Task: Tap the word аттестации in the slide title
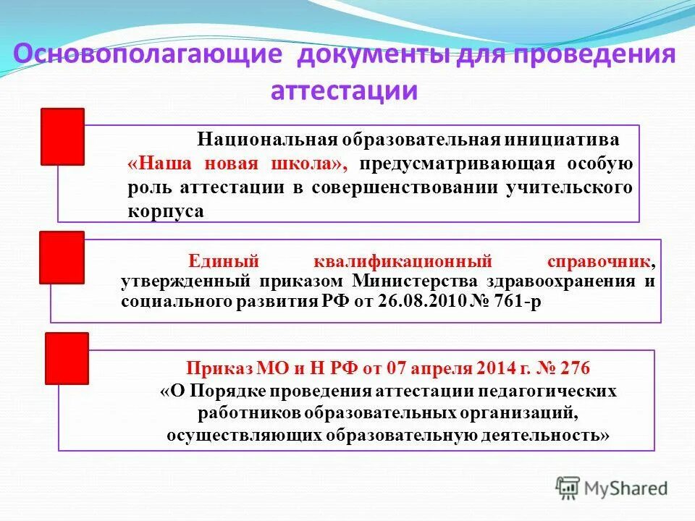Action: tap(345, 91)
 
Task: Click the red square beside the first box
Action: tap(62, 136)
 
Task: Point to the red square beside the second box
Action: tap(62, 258)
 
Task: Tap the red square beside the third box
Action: tap(67, 358)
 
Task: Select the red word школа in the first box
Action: tap(311, 164)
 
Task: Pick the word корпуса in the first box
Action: tap(165, 212)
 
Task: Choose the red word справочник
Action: tap(604, 260)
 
